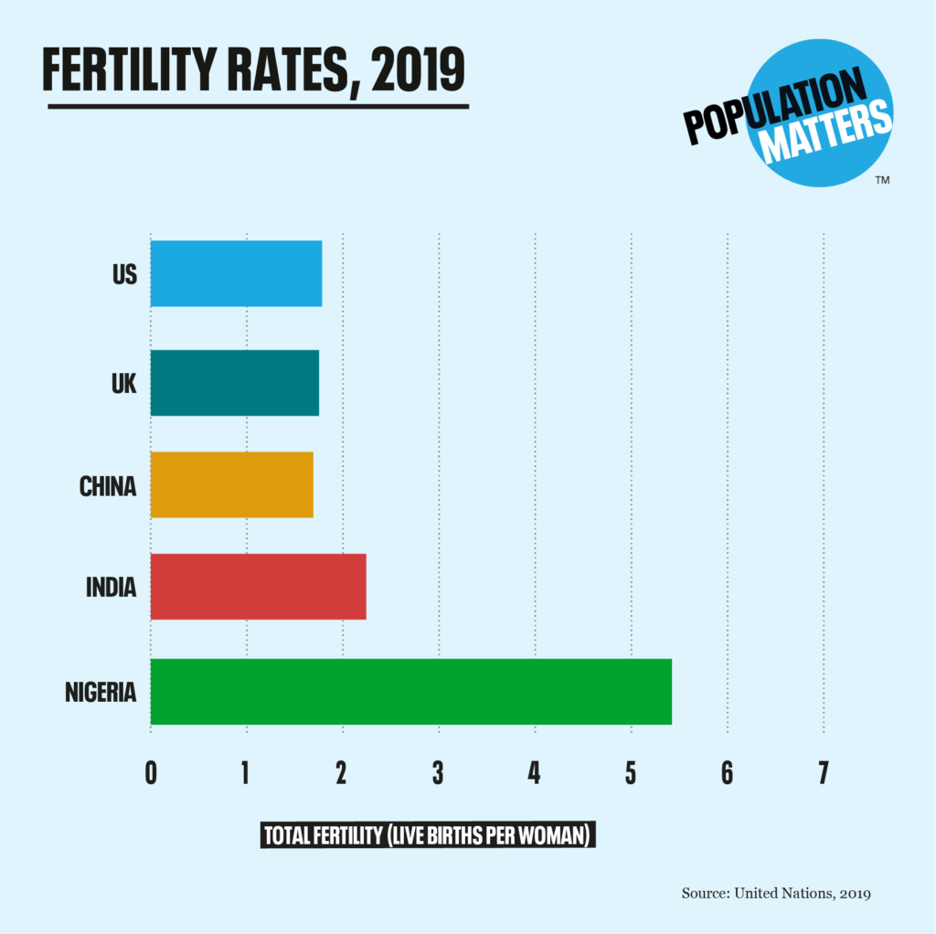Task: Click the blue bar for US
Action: point(236,273)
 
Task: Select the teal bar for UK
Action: point(235,383)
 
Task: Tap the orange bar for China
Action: point(232,484)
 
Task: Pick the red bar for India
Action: point(258,587)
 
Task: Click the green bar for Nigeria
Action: point(410,691)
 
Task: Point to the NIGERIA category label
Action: point(101,692)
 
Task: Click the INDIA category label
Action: point(111,587)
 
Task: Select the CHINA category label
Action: point(108,485)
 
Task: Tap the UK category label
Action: point(123,383)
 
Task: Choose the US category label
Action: point(124,273)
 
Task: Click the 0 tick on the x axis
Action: point(151,773)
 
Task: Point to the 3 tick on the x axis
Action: point(439,773)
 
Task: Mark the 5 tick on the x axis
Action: point(631,773)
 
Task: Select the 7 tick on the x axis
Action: point(823,773)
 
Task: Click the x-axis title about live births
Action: point(429,835)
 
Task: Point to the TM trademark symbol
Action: point(882,180)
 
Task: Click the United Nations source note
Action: point(776,893)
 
